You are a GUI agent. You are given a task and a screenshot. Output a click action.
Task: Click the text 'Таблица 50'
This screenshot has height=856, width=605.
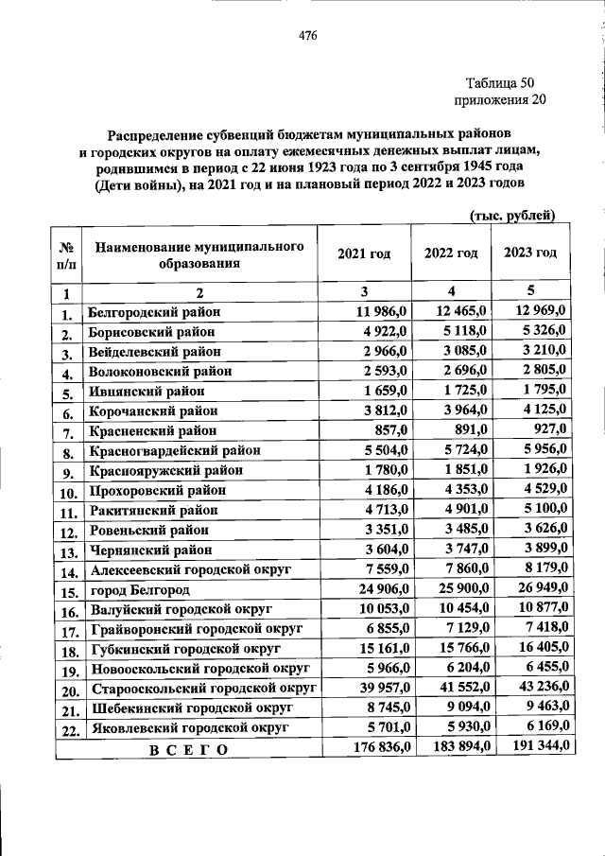pyautogui.click(x=501, y=82)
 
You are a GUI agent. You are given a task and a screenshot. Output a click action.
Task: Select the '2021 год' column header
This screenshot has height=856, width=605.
pyautogui.click(x=364, y=254)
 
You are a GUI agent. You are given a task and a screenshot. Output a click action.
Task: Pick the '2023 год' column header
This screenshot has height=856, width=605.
pyautogui.click(x=530, y=253)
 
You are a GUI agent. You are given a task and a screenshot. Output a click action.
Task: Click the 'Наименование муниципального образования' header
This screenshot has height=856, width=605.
pyautogui.click(x=199, y=254)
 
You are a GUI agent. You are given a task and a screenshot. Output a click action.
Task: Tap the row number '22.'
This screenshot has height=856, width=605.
pyautogui.click(x=68, y=731)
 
